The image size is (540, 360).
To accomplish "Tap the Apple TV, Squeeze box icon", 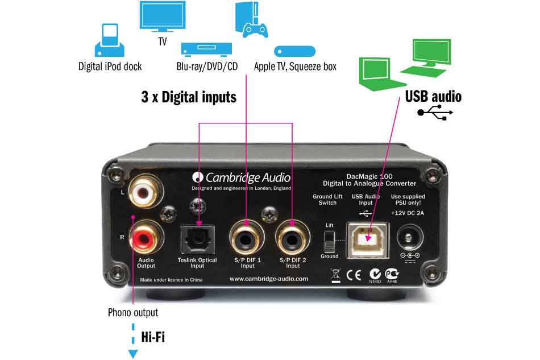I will click(x=294, y=51).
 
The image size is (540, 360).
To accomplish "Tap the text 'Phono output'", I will click(x=133, y=312).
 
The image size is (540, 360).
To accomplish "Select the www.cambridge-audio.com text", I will click(x=268, y=279).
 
